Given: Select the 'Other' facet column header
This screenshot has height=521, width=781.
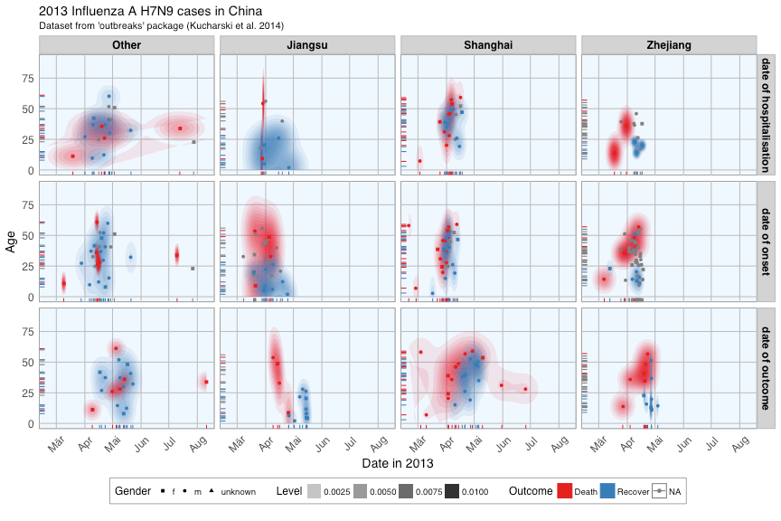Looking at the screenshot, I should pyautogui.click(x=126, y=45).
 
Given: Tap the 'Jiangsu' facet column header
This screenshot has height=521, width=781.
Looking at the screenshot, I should pyautogui.click(x=306, y=45).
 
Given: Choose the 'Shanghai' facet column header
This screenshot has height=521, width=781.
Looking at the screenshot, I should pyautogui.click(x=488, y=45).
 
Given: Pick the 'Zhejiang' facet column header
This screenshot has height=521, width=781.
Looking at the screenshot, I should pyautogui.click(x=669, y=45).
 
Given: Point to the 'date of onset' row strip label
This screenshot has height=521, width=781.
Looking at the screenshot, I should pyautogui.click(x=766, y=241).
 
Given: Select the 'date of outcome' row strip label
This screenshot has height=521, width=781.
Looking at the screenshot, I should pyautogui.click(x=766, y=367).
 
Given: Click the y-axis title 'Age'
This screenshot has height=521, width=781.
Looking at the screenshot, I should pyautogui.click(x=12, y=241).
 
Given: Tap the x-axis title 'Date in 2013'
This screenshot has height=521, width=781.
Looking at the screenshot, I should pyautogui.click(x=397, y=463).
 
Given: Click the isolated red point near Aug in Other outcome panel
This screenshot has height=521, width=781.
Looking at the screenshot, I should pyautogui.click(x=206, y=382).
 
